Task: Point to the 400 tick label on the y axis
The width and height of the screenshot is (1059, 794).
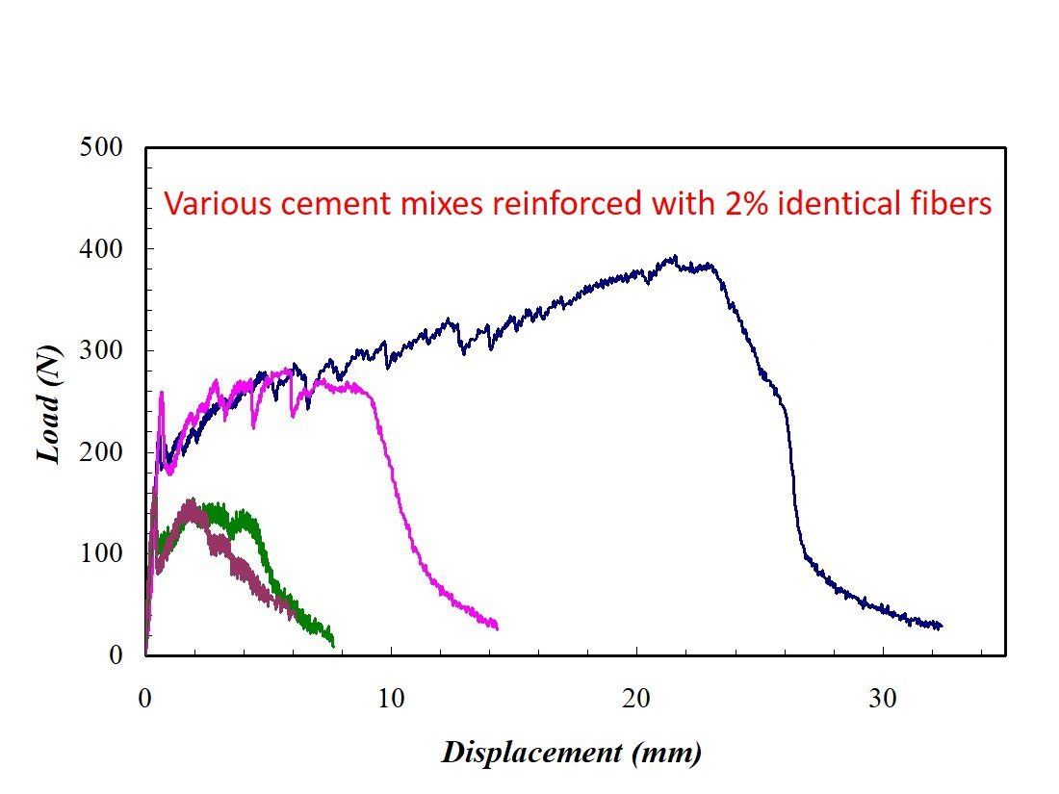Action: coord(103,249)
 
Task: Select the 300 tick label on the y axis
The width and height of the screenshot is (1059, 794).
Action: coord(103,350)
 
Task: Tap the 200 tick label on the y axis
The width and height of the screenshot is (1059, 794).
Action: coord(103,452)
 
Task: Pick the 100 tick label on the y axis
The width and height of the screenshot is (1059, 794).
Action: coord(103,553)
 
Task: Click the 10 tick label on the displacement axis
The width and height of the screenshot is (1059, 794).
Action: coord(391,699)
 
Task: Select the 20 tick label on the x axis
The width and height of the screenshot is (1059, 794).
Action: coord(637,699)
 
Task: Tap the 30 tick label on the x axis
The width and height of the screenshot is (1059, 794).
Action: coord(883,699)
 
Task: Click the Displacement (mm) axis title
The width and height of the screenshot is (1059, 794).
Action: coord(572,752)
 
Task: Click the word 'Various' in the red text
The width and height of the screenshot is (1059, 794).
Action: coord(204,204)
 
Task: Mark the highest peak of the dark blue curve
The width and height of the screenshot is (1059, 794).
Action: coord(675,257)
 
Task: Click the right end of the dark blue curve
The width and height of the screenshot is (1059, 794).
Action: coord(941,626)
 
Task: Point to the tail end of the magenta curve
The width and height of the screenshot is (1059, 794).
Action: coord(497,627)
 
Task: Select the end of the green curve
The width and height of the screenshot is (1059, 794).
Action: coord(333,643)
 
